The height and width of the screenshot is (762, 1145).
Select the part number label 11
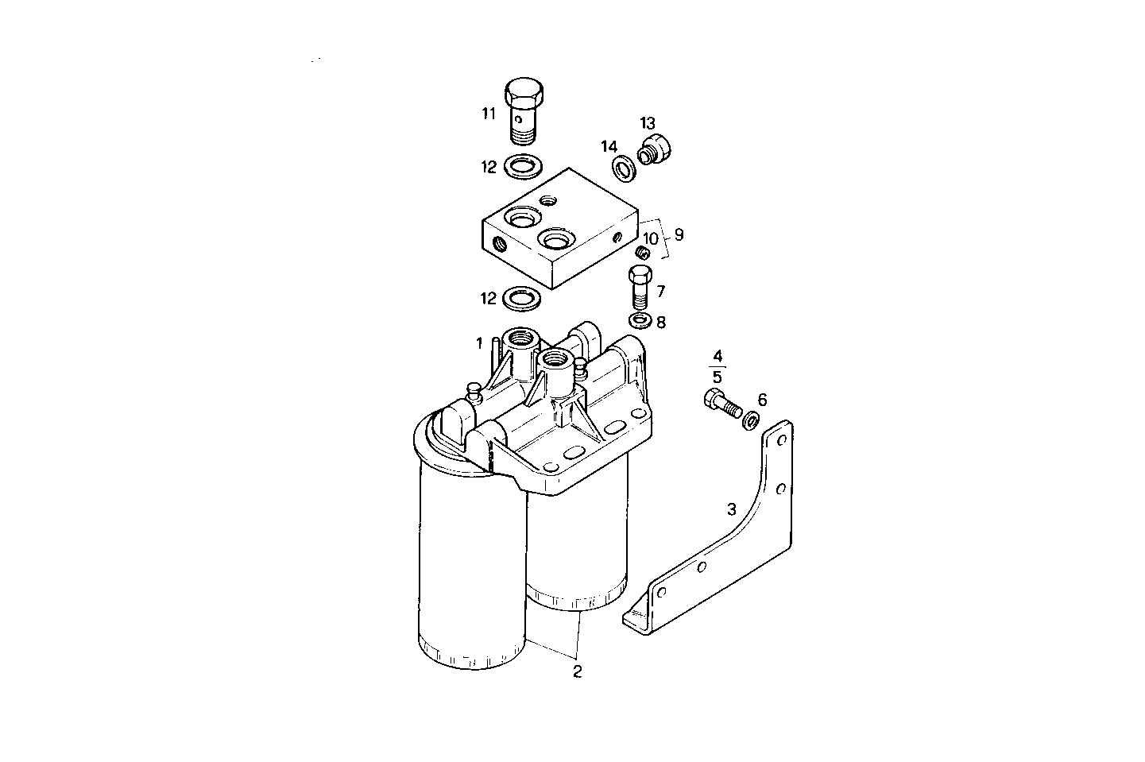488,114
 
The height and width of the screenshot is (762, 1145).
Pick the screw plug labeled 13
656,149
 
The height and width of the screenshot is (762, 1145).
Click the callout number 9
679,234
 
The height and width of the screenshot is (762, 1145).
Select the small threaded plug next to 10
644,253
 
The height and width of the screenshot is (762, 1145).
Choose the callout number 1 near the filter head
479,343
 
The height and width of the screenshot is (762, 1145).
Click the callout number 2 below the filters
578,672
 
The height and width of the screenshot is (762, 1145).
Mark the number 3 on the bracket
732,509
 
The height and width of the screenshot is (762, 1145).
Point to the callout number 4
717,354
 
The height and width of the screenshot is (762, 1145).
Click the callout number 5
717,377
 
